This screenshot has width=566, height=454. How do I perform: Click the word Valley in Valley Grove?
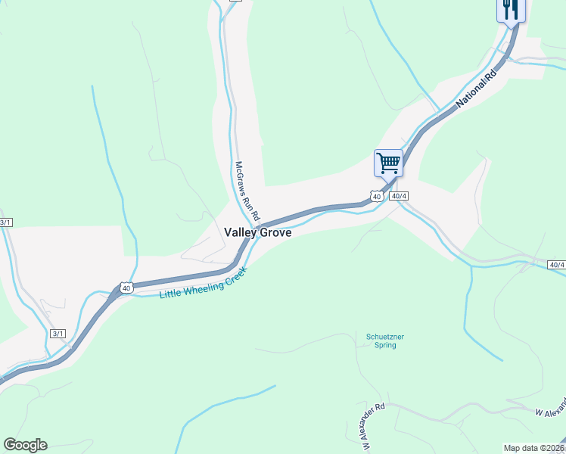click(241, 233)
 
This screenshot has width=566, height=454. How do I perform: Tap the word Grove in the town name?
click(275, 233)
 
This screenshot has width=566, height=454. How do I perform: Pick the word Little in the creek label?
click(171, 293)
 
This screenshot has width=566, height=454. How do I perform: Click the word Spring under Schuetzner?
click(379, 345)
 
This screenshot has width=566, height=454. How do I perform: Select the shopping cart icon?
click(388, 162)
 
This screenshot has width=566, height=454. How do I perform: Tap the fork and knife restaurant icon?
click(511, 9)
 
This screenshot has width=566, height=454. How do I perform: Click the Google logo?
click(25, 444)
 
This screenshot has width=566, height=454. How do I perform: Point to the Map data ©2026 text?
click(533, 448)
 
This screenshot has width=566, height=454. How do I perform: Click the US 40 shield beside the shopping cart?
click(376, 196)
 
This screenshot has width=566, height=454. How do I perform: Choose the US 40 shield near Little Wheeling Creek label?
click(126, 288)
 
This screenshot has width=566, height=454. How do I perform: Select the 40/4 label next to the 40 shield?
click(400, 196)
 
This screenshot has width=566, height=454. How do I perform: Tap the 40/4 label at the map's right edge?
click(556, 264)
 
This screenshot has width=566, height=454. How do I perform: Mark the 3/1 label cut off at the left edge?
click(5, 222)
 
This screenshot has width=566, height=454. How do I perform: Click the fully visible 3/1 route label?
click(58, 333)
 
